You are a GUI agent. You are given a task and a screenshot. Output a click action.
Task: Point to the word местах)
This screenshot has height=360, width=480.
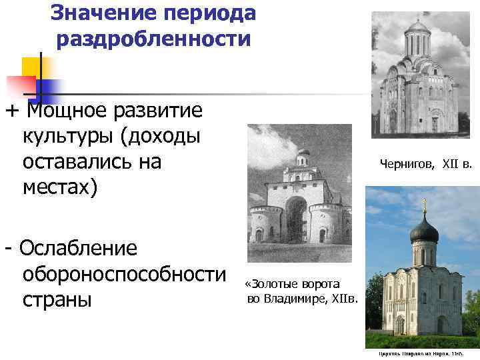(x=61, y=187)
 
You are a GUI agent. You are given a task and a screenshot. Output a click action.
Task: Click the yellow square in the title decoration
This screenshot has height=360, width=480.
(x=32, y=67)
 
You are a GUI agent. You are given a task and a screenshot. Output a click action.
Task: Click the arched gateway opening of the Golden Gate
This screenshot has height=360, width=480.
(x=296, y=219)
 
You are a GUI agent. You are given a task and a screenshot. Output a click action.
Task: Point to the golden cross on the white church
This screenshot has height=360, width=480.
(x=423, y=201)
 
